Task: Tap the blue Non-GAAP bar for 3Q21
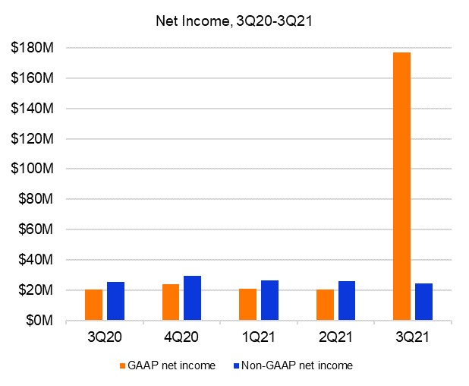423,302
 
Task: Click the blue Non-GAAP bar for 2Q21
346,301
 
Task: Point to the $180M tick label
30,48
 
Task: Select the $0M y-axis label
36,321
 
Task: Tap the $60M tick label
33,229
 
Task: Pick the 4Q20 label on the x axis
182,336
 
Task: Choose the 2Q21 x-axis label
336,336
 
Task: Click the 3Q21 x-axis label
414,336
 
